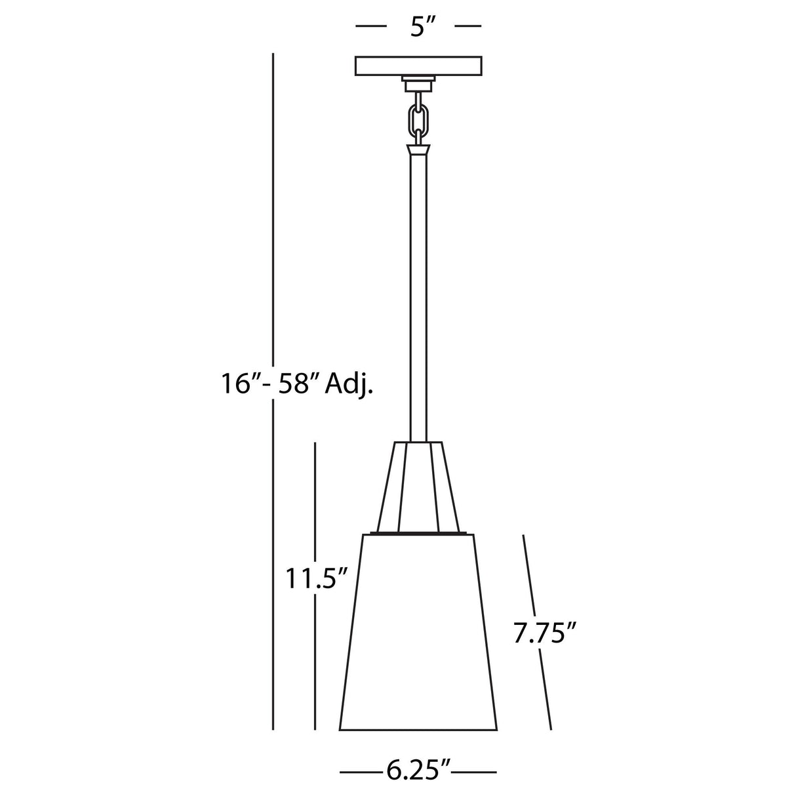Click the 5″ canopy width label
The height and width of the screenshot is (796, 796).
pyautogui.click(x=418, y=27)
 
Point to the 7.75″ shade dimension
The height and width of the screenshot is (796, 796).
pyautogui.click(x=545, y=633)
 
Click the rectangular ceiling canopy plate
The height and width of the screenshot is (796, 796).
pyautogui.click(x=419, y=66)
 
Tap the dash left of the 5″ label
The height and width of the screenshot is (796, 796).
pyautogui.click(x=370, y=26)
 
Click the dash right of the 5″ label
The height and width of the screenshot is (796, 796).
pyautogui.click(x=468, y=26)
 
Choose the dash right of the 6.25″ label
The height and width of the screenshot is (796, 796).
pyautogui.click(x=475, y=772)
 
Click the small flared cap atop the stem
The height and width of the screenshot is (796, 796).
pyautogui.click(x=418, y=150)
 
